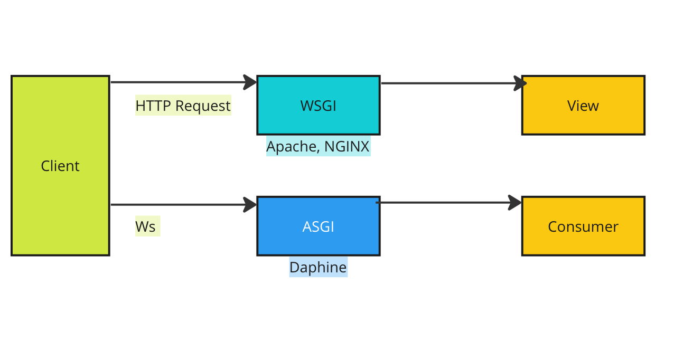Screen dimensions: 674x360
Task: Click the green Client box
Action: click(60, 165)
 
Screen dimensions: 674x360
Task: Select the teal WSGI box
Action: click(319, 105)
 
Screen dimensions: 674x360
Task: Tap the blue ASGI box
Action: click(319, 226)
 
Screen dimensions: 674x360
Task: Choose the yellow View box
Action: click(583, 105)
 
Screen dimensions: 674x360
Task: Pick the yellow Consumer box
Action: click(583, 226)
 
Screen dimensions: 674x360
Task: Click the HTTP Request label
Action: click(183, 106)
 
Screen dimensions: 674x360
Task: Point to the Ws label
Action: click(145, 226)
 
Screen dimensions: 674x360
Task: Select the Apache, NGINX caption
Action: click(318, 146)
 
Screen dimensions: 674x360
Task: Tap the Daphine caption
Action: click(318, 267)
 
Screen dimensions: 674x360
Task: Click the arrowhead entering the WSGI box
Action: click(250, 82)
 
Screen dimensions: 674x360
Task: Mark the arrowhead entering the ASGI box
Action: click(250, 205)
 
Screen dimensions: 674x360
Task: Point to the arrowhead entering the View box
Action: click(520, 83)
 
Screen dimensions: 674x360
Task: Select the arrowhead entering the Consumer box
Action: click(514, 203)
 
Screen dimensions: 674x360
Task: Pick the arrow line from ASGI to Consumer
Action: click(448, 203)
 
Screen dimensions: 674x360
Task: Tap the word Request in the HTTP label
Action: click(203, 106)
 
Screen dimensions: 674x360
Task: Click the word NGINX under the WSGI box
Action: click(347, 146)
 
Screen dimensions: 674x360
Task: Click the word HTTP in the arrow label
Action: click(153, 106)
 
